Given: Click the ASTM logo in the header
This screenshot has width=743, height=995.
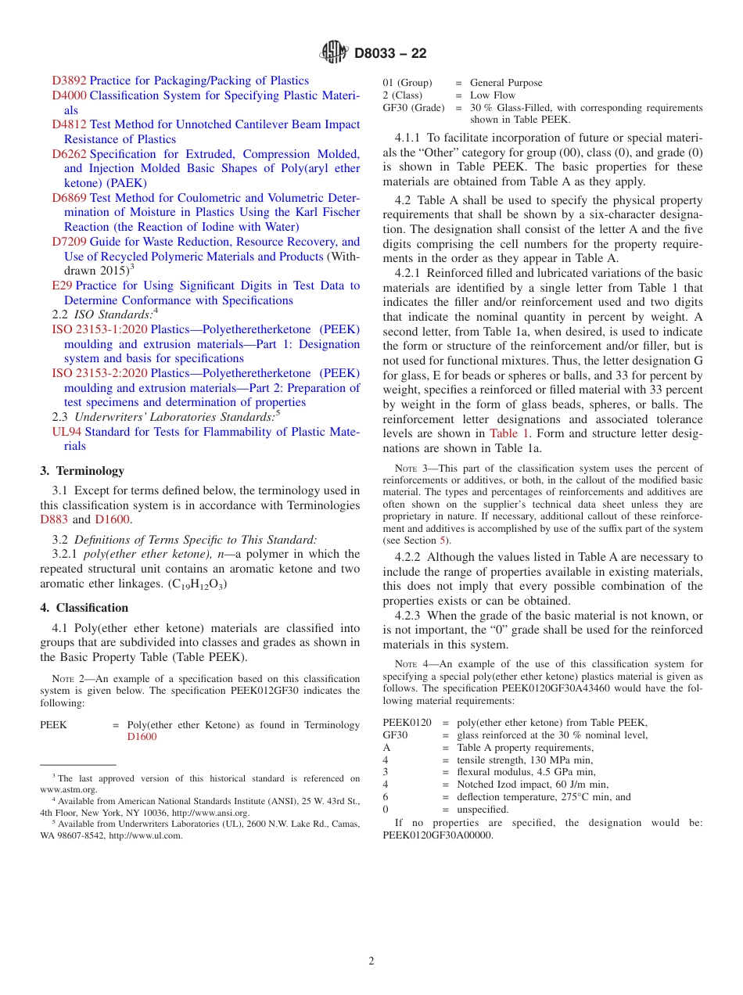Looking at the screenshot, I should [x=334, y=53].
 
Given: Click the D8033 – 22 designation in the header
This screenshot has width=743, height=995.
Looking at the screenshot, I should [x=390, y=53].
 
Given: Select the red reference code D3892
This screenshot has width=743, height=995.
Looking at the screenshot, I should [x=69, y=81].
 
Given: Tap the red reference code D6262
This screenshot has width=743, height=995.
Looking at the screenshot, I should [x=69, y=154].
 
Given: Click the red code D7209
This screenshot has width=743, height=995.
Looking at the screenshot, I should [x=69, y=242].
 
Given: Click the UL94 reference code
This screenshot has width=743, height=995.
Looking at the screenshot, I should [x=66, y=432].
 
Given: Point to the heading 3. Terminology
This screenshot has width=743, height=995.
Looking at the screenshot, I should [x=82, y=471].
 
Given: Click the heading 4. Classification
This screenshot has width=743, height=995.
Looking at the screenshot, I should [x=84, y=608].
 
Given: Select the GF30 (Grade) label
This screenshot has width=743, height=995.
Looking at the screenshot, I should [x=413, y=108].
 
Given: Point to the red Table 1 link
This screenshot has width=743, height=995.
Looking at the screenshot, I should [x=510, y=433].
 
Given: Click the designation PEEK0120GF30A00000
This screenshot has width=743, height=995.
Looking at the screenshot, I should [x=438, y=835].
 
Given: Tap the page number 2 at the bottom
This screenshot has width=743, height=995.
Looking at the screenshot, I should [x=371, y=961].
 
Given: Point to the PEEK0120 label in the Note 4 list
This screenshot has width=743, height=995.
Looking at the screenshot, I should [x=407, y=722].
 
